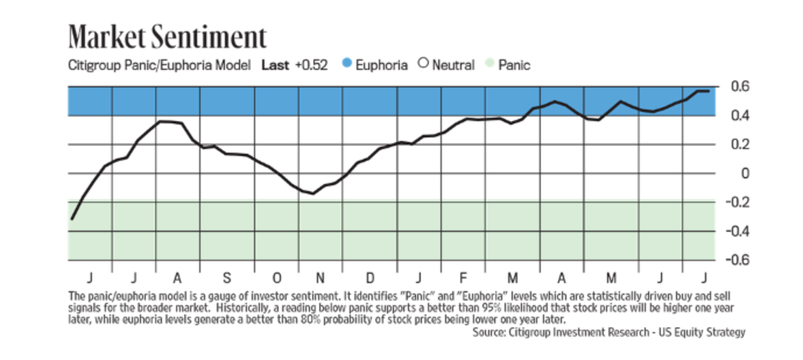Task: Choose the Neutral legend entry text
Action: (453, 66)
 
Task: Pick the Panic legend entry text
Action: (515, 66)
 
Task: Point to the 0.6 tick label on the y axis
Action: (731, 86)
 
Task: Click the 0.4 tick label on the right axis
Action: (731, 116)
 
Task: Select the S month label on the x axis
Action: (227, 278)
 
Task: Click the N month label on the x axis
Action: (320, 278)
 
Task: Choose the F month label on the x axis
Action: (462, 278)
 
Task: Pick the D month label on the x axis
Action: (369, 278)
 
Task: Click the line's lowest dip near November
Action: (312, 193)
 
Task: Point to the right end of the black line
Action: (709, 91)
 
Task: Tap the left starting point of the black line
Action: (72, 219)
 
